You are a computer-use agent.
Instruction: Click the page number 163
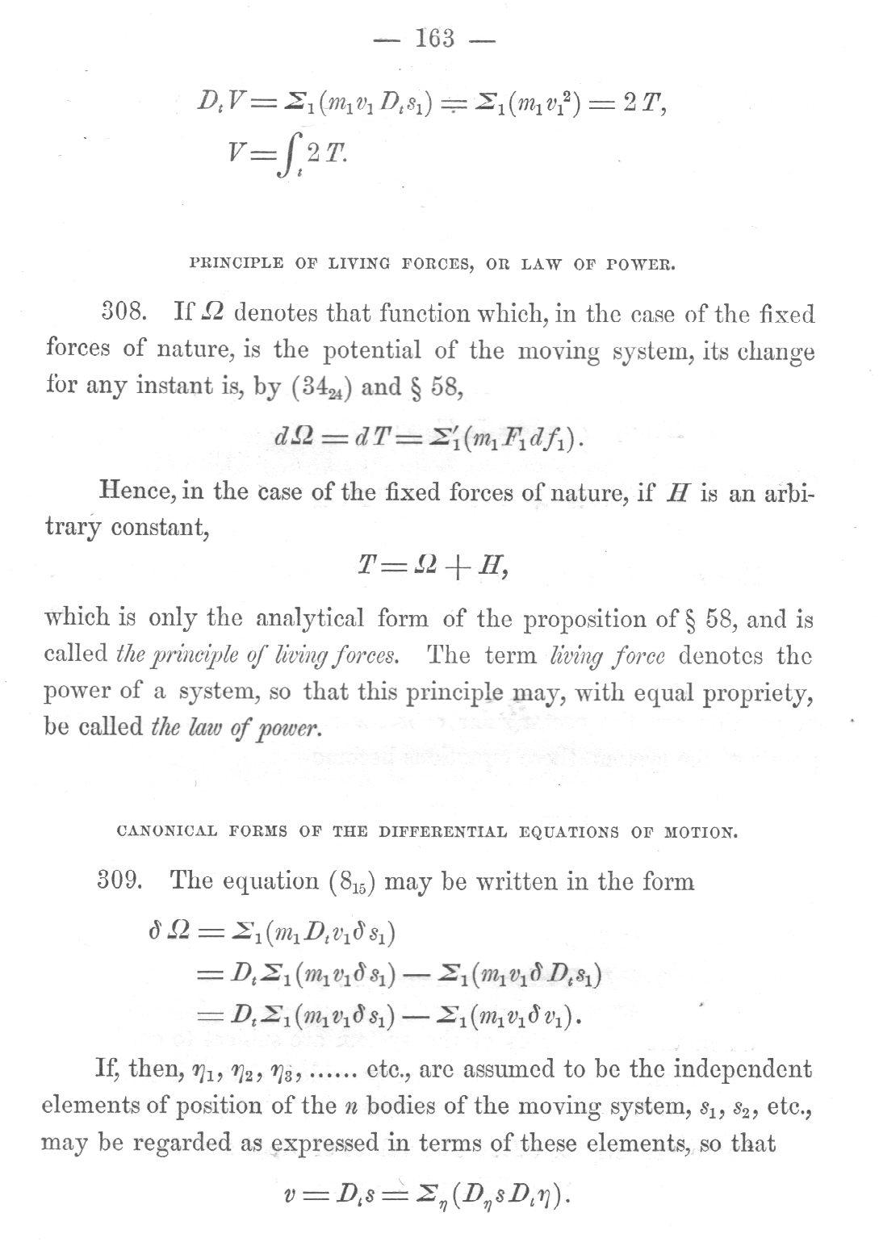click(434, 38)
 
